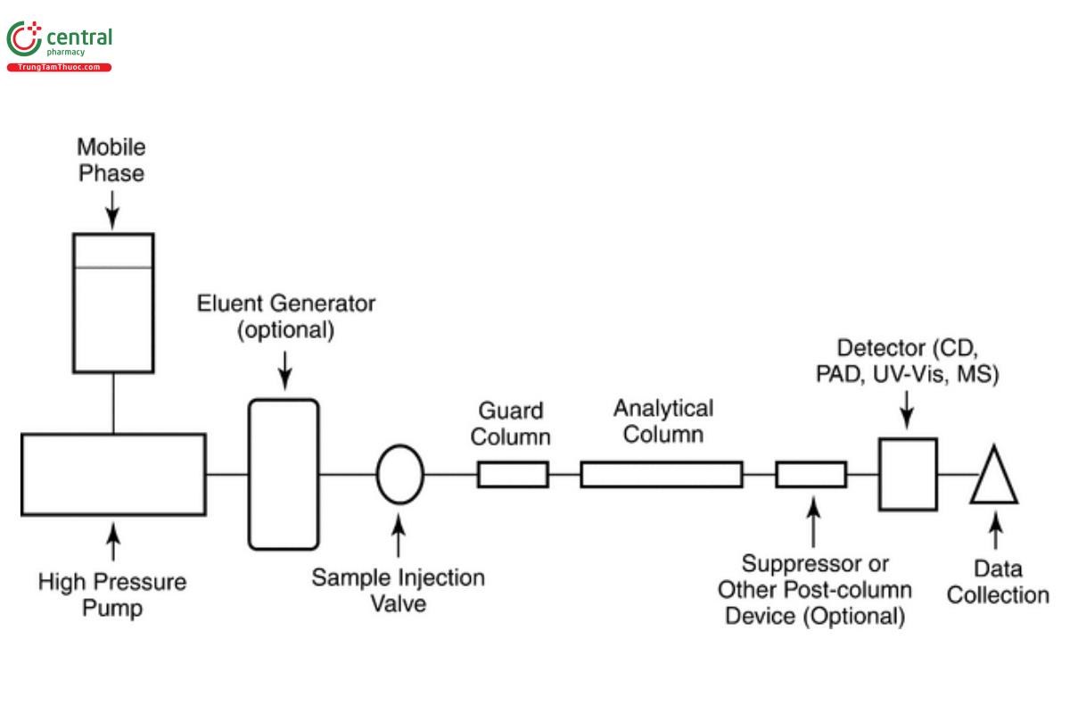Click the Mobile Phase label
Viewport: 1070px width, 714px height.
coord(111,159)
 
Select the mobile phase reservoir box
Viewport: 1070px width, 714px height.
coord(113,302)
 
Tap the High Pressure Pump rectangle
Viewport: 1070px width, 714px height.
coord(113,474)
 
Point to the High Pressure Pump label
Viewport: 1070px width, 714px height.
coord(112,595)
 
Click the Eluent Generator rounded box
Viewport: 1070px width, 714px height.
coord(284,473)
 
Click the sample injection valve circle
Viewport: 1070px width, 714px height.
coord(400,474)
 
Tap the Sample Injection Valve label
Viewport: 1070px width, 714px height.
coord(398,590)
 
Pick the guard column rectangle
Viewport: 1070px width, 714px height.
coord(513,475)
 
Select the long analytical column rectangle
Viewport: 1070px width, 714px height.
coord(661,475)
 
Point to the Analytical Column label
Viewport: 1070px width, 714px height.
coord(663,421)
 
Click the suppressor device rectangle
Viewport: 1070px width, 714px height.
coord(811,475)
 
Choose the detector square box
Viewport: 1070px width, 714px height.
coord(908,473)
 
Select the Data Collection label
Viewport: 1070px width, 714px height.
coord(997,583)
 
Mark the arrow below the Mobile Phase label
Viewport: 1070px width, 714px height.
coord(112,208)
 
